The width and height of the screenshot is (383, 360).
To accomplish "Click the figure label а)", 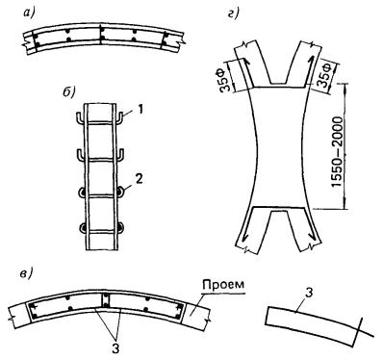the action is tap(31, 13).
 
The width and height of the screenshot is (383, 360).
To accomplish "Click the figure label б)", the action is tap(68, 92).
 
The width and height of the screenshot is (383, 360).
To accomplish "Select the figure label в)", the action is tap(26, 274).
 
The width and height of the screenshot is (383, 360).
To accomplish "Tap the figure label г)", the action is tap(234, 14).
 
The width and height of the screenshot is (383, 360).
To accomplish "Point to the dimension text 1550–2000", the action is tap(337, 152).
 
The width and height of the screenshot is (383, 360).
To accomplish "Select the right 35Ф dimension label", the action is tap(327, 74).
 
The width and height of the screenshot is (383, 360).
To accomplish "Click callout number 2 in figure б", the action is tap(139, 179).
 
